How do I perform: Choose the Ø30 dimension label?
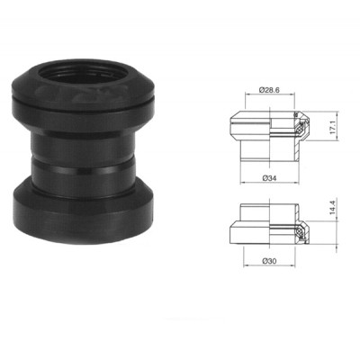tap(268, 260)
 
